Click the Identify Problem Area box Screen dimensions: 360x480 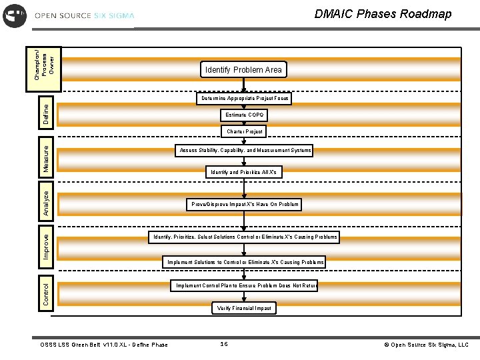[x=244, y=70]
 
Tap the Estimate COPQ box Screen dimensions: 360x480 [x=245, y=115]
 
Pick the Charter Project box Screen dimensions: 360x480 [x=245, y=132]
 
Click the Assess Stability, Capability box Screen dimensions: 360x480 [x=245, y=151]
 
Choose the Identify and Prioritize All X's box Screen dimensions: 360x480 [x=245, y=172]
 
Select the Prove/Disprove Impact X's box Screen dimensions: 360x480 [x=245, y=204]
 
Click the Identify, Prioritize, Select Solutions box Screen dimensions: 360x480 [x=245, y=237]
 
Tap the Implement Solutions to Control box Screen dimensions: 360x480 [x=245, y=262]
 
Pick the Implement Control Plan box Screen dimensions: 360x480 [x=245, y=285]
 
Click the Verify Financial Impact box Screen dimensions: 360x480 [x=245, y=308]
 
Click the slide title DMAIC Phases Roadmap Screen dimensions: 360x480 [x=382, y=14]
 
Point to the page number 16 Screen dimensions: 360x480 [x=224, y=344]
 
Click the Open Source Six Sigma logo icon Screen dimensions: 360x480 [x=15, y=15]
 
